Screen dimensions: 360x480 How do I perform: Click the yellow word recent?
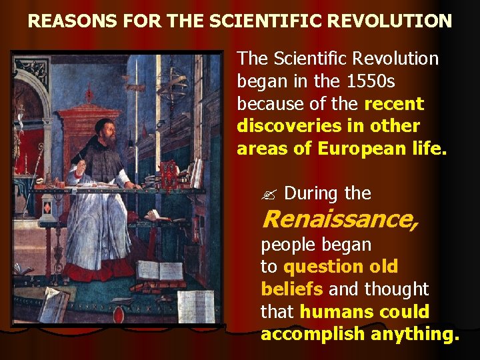[x=394, y=104]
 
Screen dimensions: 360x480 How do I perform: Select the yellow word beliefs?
[x=292, y=289]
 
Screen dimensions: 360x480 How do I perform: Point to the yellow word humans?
[x=337, y=312]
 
